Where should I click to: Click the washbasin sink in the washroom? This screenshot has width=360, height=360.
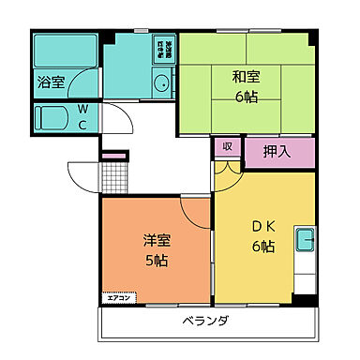click(162, 83)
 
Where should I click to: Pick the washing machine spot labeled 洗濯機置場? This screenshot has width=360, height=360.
click(163, 47)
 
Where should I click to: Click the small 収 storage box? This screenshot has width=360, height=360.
click(228, 147)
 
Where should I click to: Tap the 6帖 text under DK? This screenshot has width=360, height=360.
click(262, 247)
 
